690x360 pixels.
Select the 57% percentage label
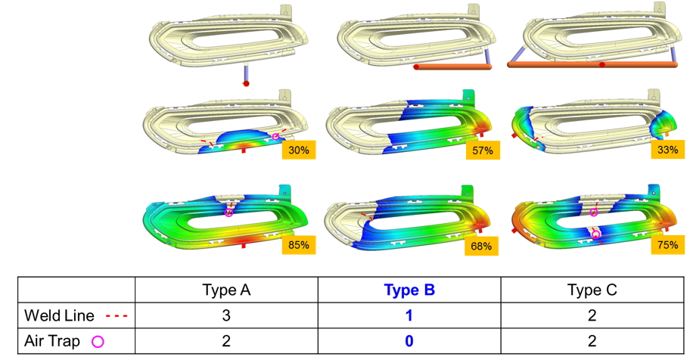click(x=483, y=151)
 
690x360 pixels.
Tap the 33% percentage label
click(x=667, y=151)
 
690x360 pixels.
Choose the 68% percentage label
click(x=483, y=245)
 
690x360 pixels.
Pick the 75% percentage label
click(x=667, y=245)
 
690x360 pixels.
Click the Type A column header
click(x=226, y=290)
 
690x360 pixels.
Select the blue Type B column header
click(x=409, y=290)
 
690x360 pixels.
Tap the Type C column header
click(x=592, y=290)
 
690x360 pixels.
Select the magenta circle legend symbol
click(x=97, y=342)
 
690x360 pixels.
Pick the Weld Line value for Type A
click(x=226, y=315)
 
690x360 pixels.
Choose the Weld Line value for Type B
click(x=409, y=315)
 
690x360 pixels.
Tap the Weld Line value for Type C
click(x=592, y=315)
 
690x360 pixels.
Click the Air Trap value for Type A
click(x=226, y=341)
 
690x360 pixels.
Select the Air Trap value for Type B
click(x=409, y=341)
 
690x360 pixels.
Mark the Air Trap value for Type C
click(x=592, y=341)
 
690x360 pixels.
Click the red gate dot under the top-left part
click(x=246, y=83)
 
